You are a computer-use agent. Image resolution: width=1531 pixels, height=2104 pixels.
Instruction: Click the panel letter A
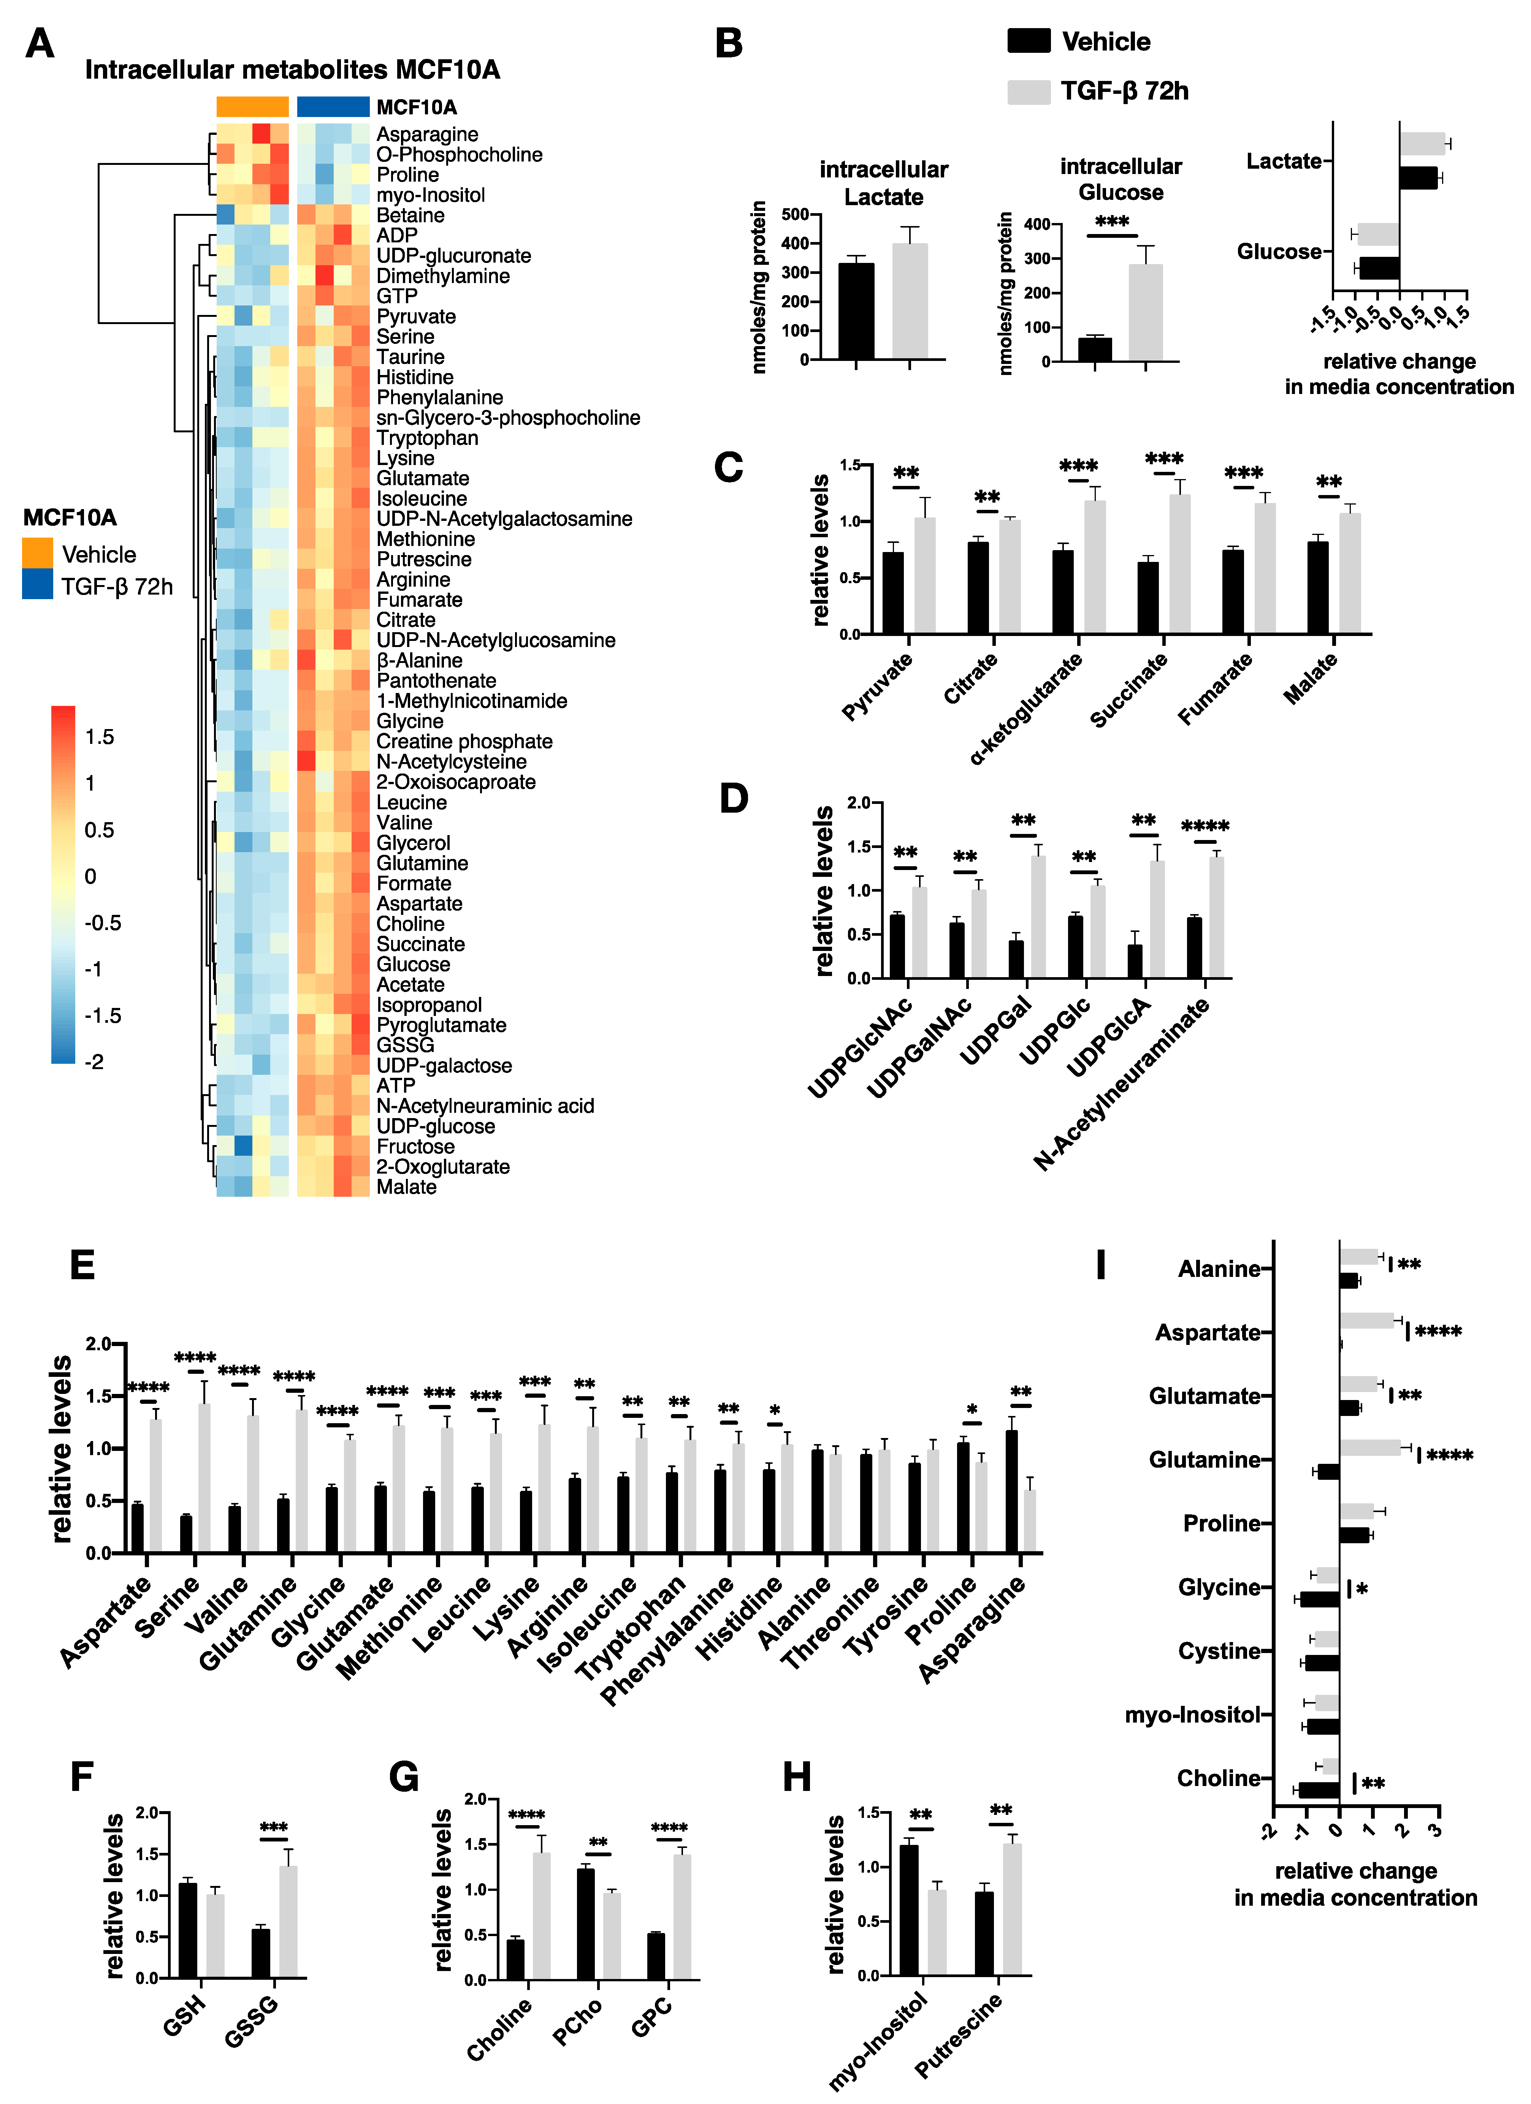[x=39, y=44]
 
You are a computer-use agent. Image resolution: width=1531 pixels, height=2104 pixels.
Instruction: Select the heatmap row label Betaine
[x=410, y=215]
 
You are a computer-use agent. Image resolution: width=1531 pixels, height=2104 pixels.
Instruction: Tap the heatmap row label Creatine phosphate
[x=464, y=741]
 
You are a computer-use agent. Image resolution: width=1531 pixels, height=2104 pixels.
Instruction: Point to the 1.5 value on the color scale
[x=99, y=737]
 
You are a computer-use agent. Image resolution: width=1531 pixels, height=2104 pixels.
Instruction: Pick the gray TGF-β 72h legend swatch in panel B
[x=1028, y=91]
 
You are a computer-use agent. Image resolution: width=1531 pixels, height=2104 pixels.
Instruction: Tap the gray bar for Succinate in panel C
[x=1179, y=564]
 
